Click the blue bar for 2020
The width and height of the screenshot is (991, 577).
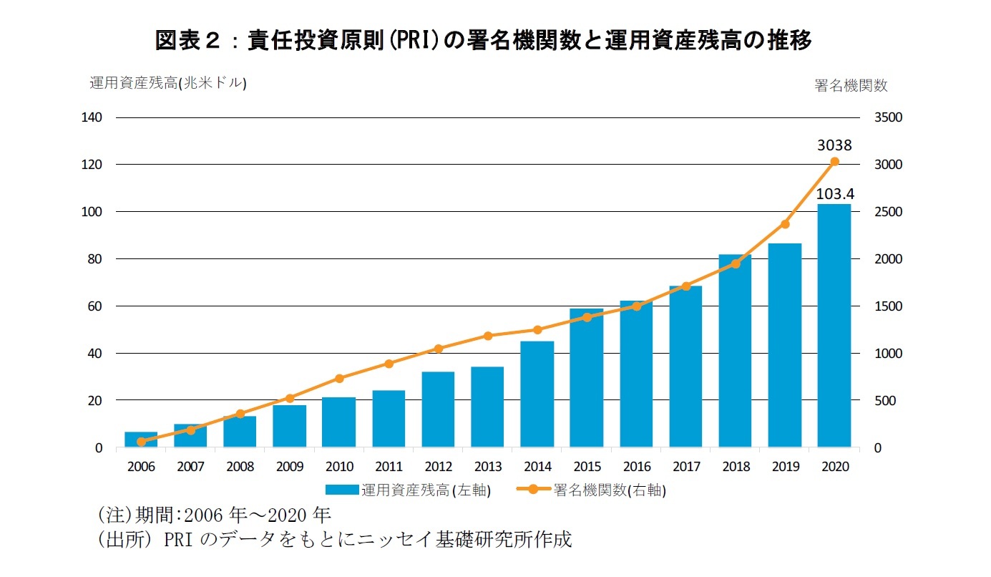point(834,326)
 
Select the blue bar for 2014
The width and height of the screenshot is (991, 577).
point(537,394)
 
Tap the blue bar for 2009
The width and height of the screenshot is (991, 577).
point(290,426)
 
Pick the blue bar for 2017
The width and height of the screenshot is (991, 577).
point(685,367)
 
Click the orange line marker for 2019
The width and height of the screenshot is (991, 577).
point(785,224)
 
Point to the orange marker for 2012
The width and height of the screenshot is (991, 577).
point(439,349)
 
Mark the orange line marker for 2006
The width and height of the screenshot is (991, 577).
point(141,442)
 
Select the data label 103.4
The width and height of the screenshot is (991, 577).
point(834,194)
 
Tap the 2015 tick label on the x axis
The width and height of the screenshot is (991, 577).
point(587,467)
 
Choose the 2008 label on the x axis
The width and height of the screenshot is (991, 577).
point(240,467)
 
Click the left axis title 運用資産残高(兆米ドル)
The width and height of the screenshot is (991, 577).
point(167,83)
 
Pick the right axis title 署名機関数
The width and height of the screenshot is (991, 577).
point(851,85)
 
